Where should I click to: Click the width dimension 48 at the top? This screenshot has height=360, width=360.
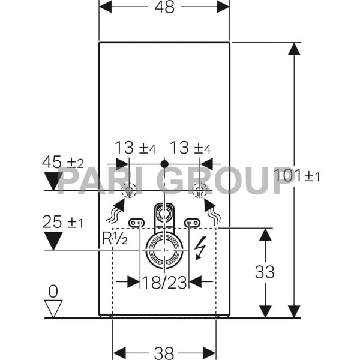coord(164,8)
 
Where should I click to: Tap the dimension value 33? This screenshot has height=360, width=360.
coord(265,272)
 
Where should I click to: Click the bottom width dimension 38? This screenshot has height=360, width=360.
coord(164,353)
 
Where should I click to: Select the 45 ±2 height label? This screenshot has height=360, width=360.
coord(62,162)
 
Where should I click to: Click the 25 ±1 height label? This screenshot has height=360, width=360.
coord(62,223)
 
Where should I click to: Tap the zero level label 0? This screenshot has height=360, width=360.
coord(53,292)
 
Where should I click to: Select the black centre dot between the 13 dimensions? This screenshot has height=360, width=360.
coord(164,163)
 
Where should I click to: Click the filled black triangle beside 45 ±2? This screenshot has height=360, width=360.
coord(53,181)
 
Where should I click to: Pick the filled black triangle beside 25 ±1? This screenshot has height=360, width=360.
coord(53,241)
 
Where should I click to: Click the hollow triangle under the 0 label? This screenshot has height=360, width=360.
coord(53,308)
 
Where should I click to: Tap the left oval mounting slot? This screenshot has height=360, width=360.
coord(136,223)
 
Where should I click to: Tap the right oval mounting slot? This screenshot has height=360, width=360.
coord(192,223)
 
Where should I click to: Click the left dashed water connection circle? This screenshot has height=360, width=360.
coord(129,191)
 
